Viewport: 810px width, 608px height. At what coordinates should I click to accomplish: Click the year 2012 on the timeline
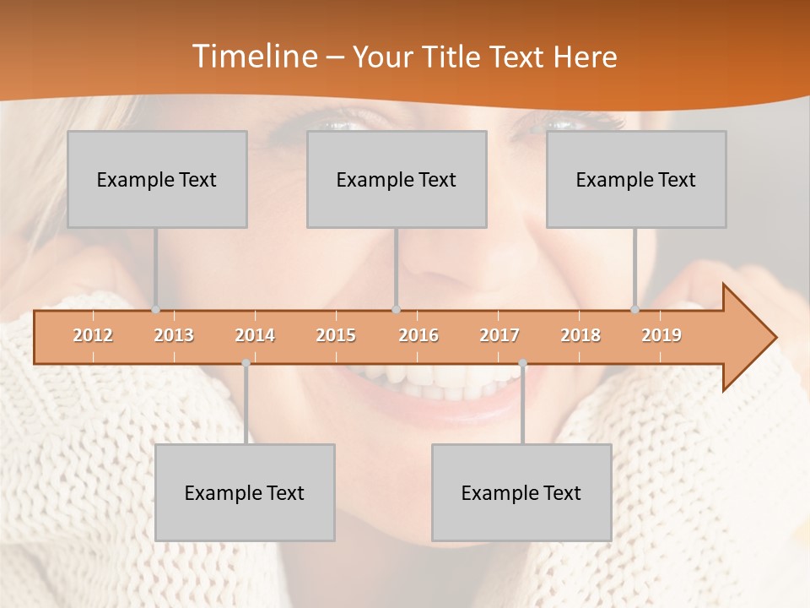point(93,335)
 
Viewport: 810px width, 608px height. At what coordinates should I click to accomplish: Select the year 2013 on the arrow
point(174,335)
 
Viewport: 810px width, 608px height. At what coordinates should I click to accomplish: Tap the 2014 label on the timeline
point(255,335)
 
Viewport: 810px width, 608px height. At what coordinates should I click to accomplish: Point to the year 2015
point(336,335)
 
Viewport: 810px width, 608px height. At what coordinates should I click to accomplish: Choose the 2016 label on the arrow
point(418,335)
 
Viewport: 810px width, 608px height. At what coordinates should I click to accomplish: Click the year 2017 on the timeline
point(499,335)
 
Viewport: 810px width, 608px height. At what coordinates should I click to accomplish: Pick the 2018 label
point(580,335)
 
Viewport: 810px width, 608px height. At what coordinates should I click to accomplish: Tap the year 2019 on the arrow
point(661,335)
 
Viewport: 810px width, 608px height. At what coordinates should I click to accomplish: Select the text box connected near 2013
point(157,180)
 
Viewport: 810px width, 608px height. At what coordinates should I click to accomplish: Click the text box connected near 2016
point(397,180)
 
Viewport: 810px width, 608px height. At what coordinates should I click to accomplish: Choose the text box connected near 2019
point(636,180)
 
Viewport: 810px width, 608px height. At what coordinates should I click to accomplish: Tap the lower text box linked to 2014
point(245,493)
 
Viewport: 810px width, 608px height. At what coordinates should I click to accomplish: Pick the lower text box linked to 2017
point(521,493)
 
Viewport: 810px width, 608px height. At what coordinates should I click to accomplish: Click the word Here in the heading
point(585,57)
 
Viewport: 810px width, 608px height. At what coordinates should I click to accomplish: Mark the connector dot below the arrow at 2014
point(246,363)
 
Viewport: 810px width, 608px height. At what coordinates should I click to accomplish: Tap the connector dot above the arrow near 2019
point(635,310)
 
